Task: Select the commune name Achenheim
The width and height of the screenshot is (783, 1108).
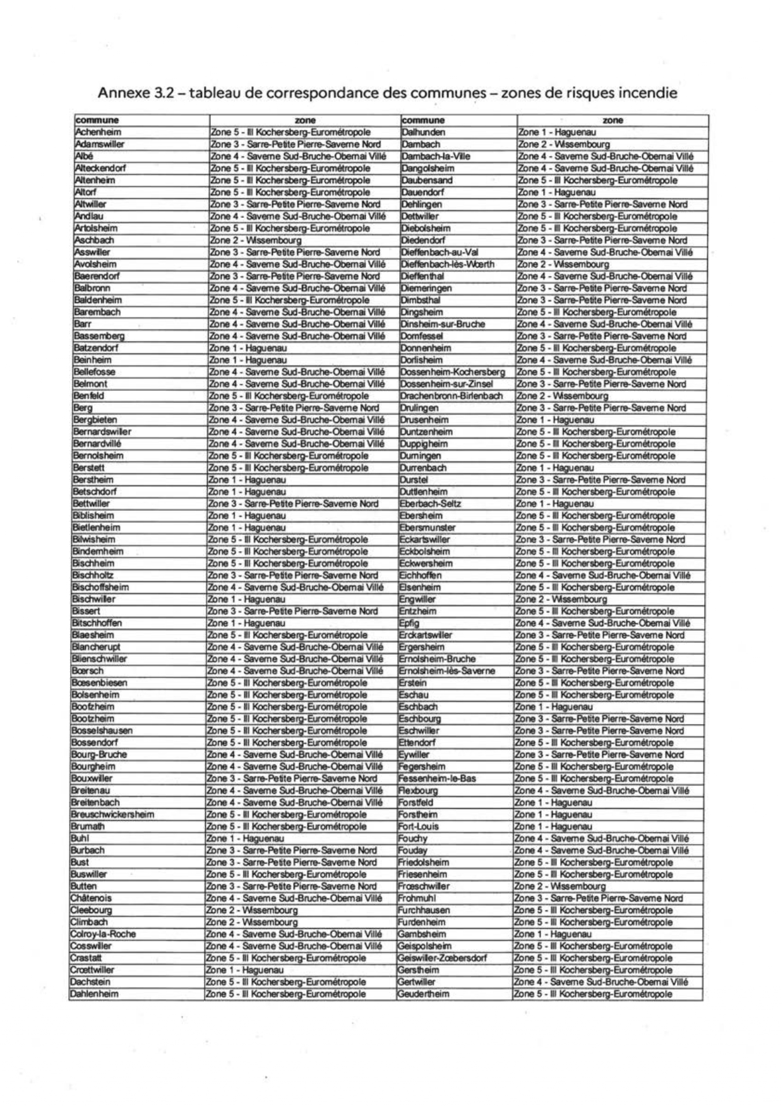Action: pyautogui.click(x=98, y=132)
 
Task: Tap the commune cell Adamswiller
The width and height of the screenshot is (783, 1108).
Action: pyautogui.click(x=100, y=144)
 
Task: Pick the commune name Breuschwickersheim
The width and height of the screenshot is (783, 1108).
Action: pyautogui.click(x=113, y=814)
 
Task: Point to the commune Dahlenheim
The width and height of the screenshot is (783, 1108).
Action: pyautogui.click(x=94, y=994)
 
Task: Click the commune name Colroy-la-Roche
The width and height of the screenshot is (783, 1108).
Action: pyautogui.click(x=103, y=934)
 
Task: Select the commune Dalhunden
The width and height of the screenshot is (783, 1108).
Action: pyautogui.click(x=424, y=132)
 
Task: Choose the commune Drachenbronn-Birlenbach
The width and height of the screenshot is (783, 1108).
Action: pyautogui.click(x=451, y=396)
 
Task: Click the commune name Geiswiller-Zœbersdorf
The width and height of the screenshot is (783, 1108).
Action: pyautogui.click(x=442, y=958)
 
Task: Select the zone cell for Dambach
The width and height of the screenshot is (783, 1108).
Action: pyautogui.click(x=555, y=144)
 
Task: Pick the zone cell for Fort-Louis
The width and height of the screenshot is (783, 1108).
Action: pyautogui.click(x=553, y=826)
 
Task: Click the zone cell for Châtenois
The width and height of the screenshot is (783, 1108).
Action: pyautogui.click(x=294, y=898)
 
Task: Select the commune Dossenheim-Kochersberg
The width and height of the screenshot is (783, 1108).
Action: pyautogui.click(x=453, y=372)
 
